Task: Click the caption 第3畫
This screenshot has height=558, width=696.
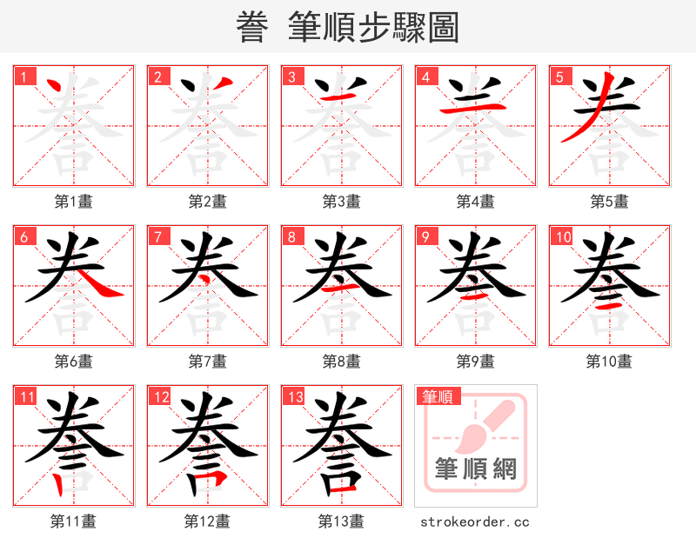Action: tap(341, 202)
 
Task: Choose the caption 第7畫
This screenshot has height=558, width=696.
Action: tap(207, 361)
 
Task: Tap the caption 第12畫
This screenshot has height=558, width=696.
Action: tap(207, 521)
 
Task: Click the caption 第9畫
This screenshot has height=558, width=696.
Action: tap(475, 361)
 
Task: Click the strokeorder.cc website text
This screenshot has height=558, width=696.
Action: tap(475, 521)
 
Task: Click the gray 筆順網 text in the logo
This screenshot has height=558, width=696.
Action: tap(476, 470)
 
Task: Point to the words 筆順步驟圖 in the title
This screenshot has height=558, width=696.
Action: tap(373, 28)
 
